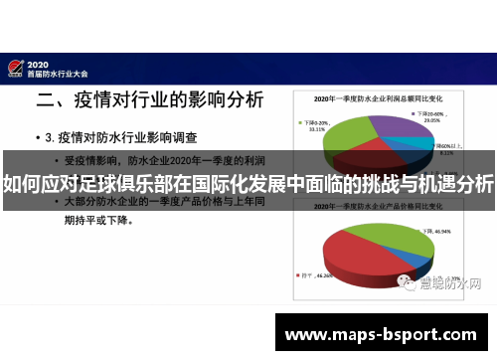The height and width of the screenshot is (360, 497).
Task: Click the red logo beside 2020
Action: point(15,67)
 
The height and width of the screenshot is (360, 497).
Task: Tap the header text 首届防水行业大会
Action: point(61,73)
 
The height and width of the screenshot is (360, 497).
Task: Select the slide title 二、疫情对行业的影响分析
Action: point(150,100)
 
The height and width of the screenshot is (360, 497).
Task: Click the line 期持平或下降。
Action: point(108,223)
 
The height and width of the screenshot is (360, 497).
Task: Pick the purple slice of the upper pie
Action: point(392,127)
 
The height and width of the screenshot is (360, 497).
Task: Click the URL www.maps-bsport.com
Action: point(381,334)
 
